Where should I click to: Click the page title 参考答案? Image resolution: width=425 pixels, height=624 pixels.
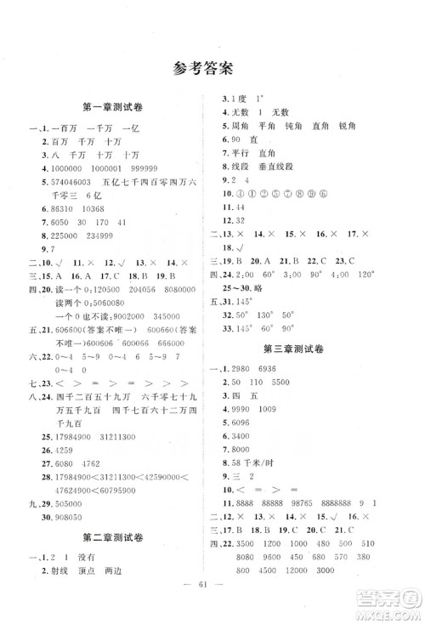[212, 67]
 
